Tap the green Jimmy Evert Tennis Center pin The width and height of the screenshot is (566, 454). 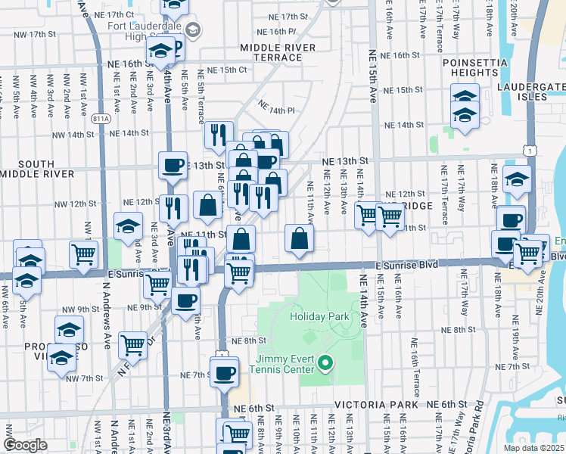click(326, 364)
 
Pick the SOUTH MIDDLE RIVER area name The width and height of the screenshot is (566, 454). click(26, 169)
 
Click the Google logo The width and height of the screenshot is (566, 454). click(25, 445)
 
